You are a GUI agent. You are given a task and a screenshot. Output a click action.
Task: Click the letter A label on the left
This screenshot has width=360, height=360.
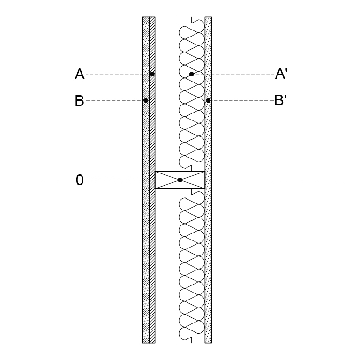tap(80, 74)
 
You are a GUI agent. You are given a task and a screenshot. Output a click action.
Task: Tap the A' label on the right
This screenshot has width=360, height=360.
tap(281, 74)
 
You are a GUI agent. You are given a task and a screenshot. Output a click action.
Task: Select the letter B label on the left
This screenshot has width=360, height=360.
tap(79, 101)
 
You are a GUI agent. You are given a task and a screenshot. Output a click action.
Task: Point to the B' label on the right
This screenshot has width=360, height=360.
tap(281, 100)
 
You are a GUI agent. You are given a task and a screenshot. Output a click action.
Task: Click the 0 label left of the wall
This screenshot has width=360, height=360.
tap(80, 180)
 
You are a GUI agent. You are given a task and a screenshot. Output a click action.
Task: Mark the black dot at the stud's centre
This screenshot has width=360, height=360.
tap(180, 180)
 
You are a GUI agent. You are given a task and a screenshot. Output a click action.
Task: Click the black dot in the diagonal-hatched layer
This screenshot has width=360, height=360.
tap(152, 74)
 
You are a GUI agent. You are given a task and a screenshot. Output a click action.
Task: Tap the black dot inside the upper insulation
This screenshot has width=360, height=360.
tap(191, 74)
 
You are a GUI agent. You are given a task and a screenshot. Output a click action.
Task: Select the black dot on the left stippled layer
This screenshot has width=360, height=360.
tap(146, 101)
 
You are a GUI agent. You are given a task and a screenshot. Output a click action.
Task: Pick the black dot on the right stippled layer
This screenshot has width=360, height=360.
tap(208, 101)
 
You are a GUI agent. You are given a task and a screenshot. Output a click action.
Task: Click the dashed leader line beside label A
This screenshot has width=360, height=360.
tap(118, 74)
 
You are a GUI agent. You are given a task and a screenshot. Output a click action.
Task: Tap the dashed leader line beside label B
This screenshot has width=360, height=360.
tap(114, 101)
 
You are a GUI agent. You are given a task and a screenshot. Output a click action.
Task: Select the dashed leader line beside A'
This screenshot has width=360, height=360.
tap(234, 74)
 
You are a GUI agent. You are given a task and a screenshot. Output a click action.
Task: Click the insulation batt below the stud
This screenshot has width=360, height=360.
tap(192, 266)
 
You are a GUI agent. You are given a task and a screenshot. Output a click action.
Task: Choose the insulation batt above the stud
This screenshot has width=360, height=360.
tap(192, 94)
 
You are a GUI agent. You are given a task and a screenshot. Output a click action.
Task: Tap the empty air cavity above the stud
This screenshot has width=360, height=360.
tap(167, 94)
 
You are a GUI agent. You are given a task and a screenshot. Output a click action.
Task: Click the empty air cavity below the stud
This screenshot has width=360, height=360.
tap(167, 266)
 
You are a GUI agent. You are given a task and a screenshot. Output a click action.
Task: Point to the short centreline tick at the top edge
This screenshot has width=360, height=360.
tap(180, 4)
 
